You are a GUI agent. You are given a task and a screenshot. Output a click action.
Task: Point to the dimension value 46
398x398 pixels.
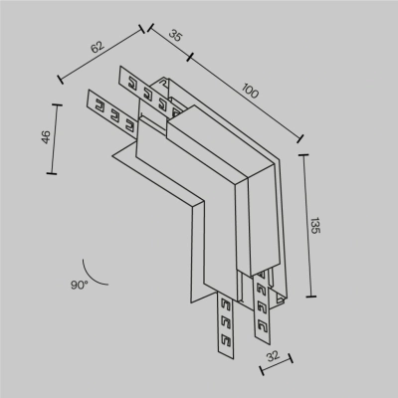[x=44, y=138]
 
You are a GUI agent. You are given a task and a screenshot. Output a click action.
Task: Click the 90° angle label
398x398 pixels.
[x=79, y=285]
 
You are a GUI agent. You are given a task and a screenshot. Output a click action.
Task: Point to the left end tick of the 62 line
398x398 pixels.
[x=62, y=79]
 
